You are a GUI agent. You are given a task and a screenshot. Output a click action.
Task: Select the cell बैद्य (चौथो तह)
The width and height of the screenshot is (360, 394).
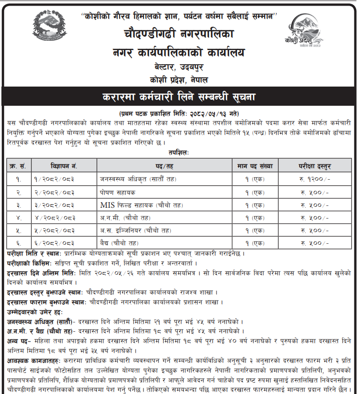pos(119,243)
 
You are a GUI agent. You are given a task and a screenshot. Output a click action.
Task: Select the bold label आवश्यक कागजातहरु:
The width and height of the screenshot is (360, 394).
pos(32,361)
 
